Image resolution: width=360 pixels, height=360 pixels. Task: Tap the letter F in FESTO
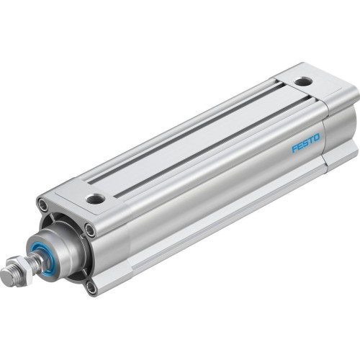click(294, 148)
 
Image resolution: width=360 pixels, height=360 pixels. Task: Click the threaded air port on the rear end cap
click(304, 81)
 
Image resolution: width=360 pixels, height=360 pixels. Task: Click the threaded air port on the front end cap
click(94, 199)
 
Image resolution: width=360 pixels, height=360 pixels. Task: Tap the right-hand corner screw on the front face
click(89, 230)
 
